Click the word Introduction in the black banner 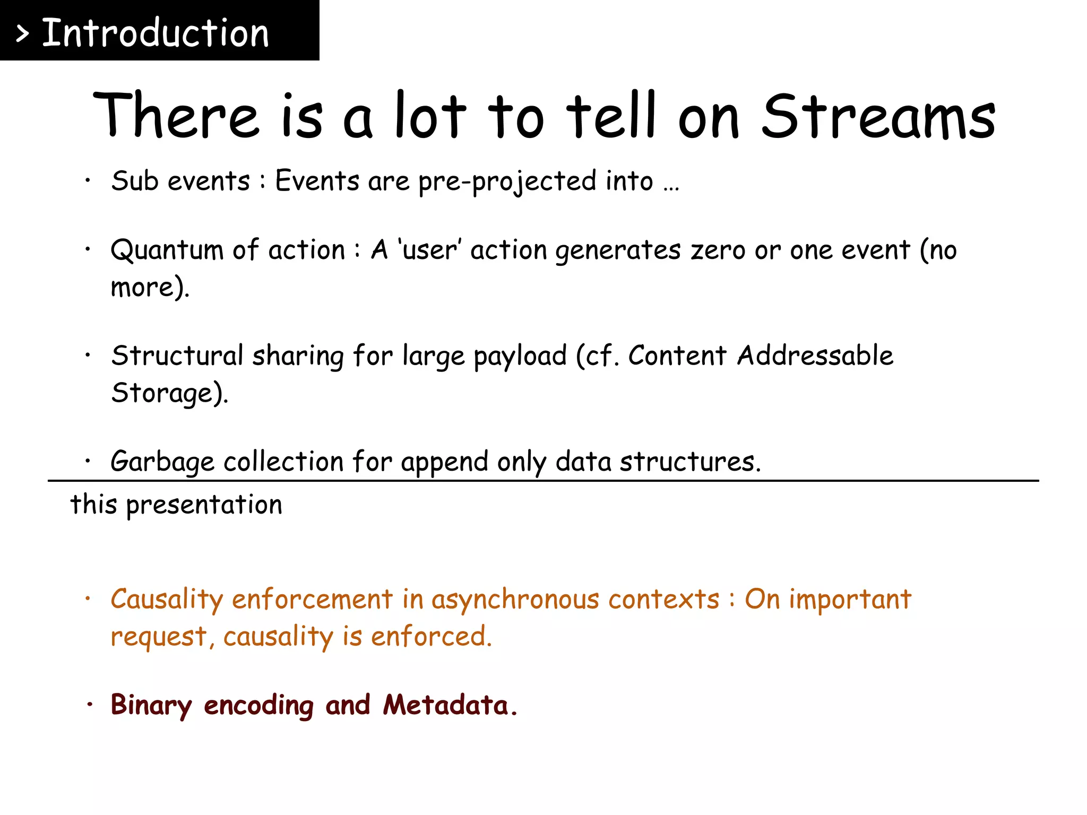(x=155, y=33)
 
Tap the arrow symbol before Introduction (x=22, y=34)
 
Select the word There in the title (x=175, y=116)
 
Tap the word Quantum (x=167, y=250)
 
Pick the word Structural (x=177, y=356)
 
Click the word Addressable (x=815, y=356)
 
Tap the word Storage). (x=169, y=393)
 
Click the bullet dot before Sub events (x=88, y=181)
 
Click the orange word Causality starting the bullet (x=167, y=600)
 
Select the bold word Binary (x=151, y=706)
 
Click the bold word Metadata (x=446, y=706)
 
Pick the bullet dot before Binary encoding (x=90, y=705)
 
